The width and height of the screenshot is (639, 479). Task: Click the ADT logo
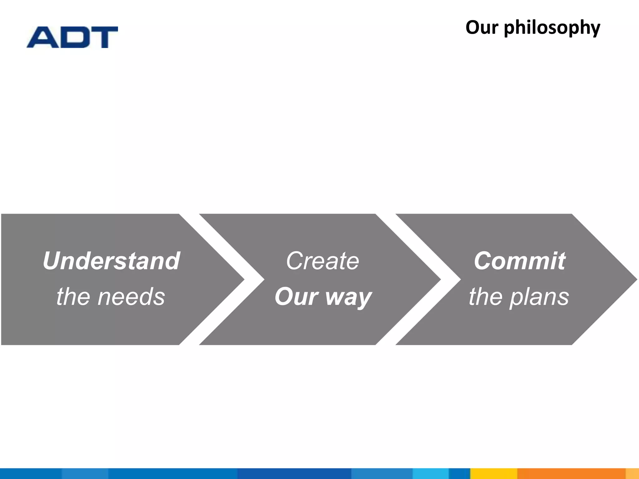(72, 37)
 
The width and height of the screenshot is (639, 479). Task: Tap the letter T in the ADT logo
(103, 37)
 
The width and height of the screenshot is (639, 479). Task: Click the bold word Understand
(111, 261)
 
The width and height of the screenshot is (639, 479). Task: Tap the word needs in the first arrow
(131, 297)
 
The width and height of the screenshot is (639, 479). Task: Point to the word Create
(323, 261)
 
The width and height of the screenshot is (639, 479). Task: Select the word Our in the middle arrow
(296, 297)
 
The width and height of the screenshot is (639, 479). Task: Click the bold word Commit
(519, 261)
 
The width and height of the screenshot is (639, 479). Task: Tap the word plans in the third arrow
(539, 297)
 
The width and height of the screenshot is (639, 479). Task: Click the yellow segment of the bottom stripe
(494, 473)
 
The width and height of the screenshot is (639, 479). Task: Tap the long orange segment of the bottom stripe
(571, 473)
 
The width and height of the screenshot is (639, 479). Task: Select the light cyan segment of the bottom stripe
(431, 473)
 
